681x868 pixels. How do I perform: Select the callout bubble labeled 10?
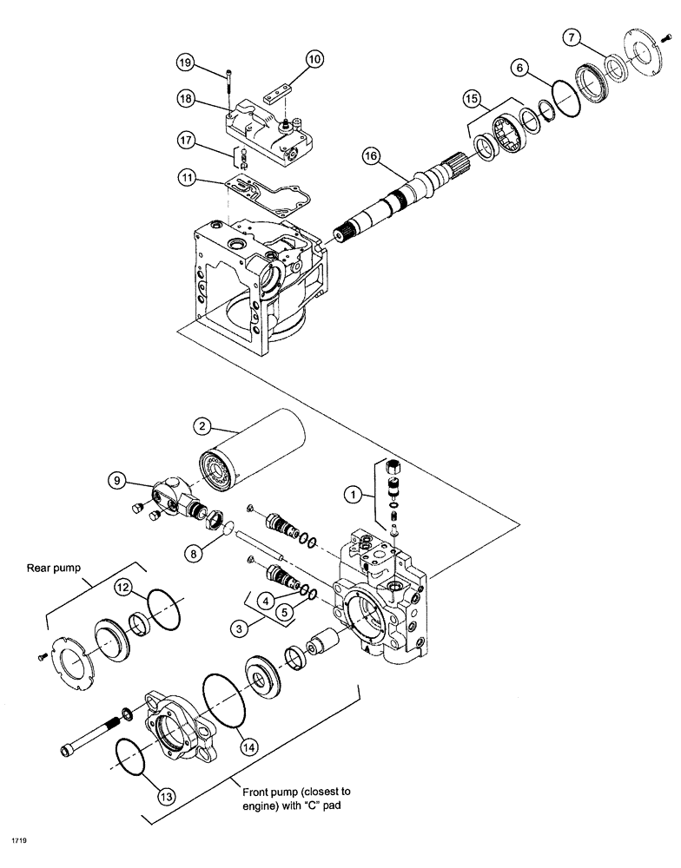coord(314,60)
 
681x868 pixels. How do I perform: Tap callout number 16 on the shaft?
coord(371,156)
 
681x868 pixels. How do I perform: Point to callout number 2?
coord(201,426)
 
